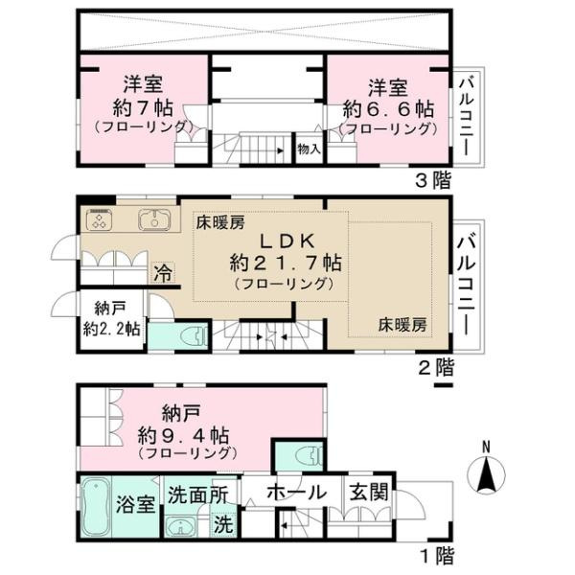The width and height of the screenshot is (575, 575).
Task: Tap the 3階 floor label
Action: click(433, 180)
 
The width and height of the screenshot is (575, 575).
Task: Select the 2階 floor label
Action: click(436, 367)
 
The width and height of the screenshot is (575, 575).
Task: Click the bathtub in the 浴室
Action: click(96, 508)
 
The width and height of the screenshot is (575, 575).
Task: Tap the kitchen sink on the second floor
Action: click(154, 219)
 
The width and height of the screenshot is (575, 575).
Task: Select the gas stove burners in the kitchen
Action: click(99, 219)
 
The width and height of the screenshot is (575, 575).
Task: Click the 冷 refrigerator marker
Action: click(163, 273)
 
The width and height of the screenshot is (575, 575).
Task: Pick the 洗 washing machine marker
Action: click(223, 523)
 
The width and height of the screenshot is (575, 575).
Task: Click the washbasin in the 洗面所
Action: click(181, 527)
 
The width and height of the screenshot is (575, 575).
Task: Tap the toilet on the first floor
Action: click(309, 456)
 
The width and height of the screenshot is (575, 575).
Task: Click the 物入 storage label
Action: click(310, 149)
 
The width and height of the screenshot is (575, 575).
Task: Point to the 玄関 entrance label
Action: click(369, 492)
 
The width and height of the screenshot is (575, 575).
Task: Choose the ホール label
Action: click(296, 493)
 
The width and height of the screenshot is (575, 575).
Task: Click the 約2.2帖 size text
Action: click(111, 329)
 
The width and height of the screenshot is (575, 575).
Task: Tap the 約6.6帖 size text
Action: click(388, 109)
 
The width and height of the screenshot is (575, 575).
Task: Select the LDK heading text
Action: click(287, 241)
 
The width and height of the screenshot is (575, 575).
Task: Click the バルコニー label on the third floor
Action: click(468, 117)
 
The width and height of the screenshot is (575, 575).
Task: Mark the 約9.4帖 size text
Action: click(183, 435)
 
